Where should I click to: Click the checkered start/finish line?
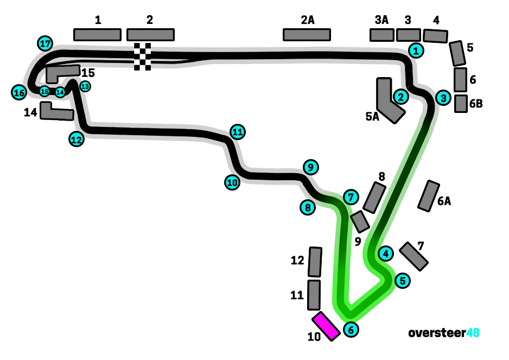point(143,56)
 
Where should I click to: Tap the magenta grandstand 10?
point(327,326)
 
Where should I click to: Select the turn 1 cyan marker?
point(416,50)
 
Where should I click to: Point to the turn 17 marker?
point(45,43)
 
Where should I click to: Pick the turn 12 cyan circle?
point(77,139)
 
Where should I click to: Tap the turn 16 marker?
point(19,93)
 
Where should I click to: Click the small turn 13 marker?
point(85,86)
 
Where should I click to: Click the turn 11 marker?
point(237,131)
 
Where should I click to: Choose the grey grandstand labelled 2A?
point(307,35)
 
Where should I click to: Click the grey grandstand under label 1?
point(97,35)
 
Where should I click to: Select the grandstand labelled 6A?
point(429,195)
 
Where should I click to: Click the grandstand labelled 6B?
point(461,103)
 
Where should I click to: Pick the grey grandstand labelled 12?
point(315,262)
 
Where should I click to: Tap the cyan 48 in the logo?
point(473,332)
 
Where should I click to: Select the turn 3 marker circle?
point(444,98)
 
